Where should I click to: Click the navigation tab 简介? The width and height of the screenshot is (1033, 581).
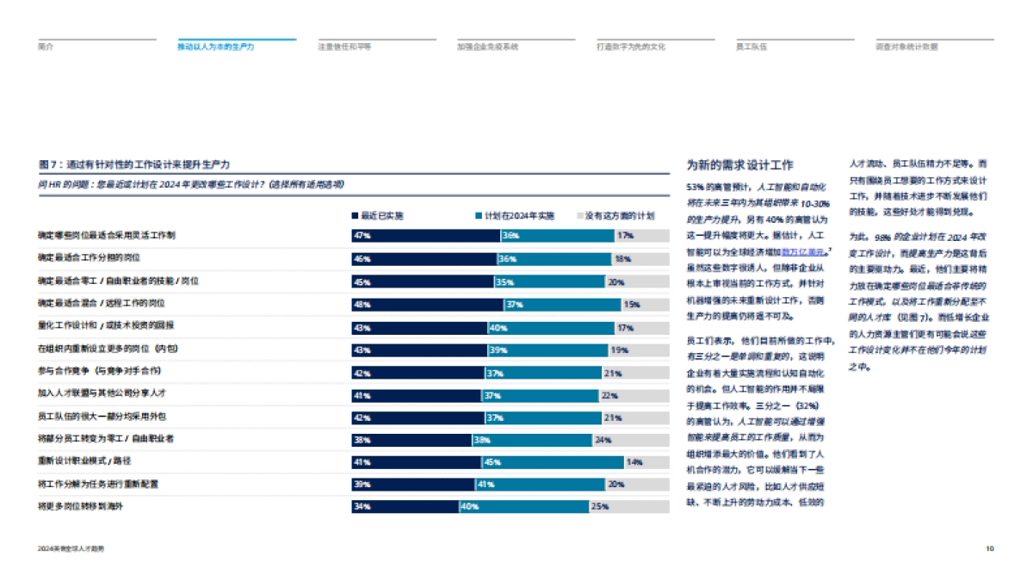click(x=46, y=46)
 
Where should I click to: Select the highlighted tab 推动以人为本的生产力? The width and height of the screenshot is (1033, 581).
click(x=216, y=46)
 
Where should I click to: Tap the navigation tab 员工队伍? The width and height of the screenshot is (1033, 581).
click(x=752, y=46)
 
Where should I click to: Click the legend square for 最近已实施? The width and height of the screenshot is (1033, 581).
click(x=355, y=215)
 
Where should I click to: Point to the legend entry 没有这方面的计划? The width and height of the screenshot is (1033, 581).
click(x=615, y=215)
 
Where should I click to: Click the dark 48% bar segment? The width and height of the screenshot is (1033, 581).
click(x=427, y=304)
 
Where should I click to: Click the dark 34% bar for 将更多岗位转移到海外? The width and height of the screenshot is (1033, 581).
click(x=405, y=507)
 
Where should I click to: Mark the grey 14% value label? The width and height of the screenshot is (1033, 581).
click(x=634, y=462)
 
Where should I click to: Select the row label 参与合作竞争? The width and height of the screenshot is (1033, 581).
click(x=100, y=372)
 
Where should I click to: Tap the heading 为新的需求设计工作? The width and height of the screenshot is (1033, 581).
click(x=739, y=165)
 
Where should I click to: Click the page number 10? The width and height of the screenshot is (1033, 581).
click(x=990, y=548)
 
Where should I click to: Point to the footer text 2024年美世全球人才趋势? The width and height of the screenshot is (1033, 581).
click(x=77, y=548)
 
